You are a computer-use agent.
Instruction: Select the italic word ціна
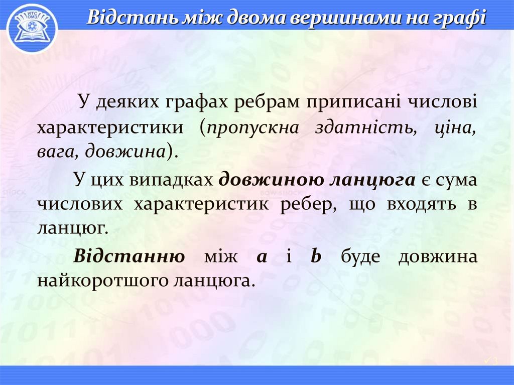tap(455, 126)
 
